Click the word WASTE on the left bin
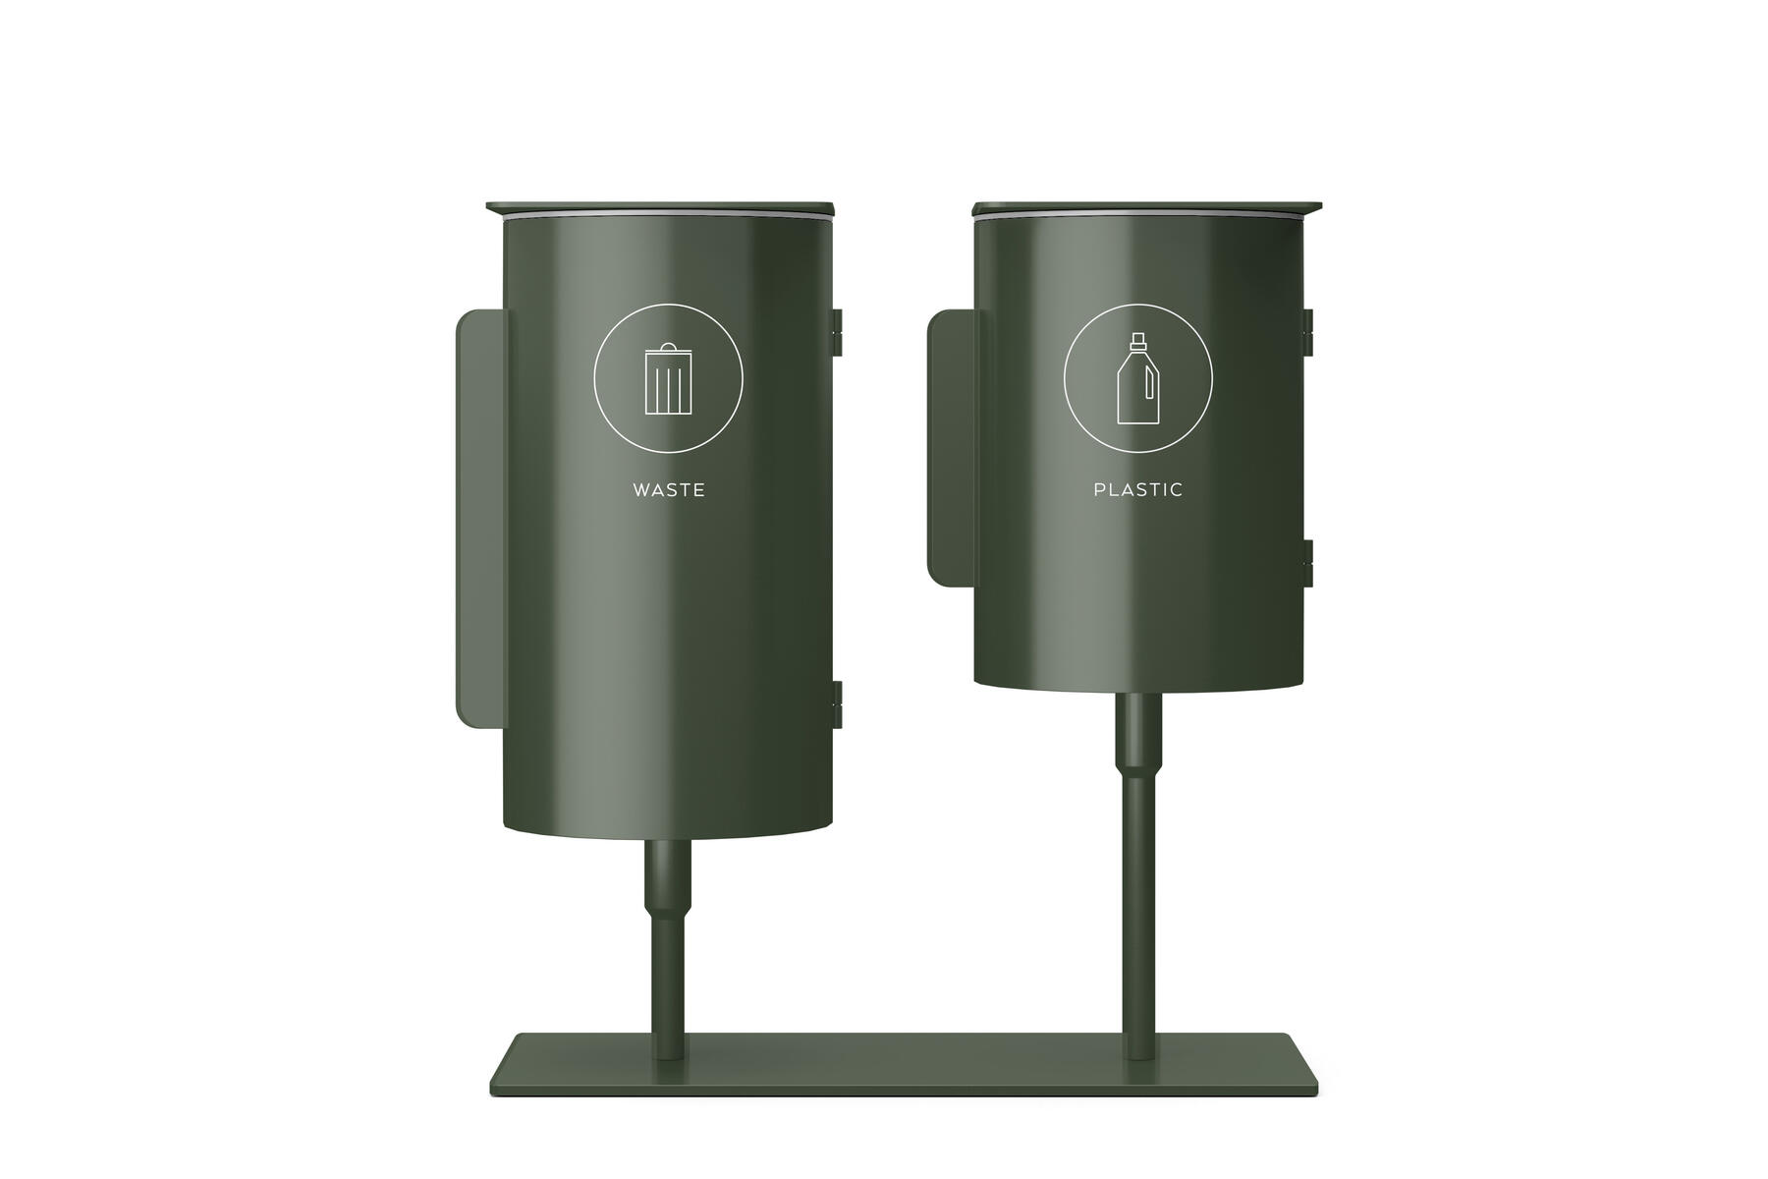[x=669, y=489]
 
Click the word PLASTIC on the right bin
[x=1138, y=489]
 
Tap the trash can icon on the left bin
[x=668, y=378]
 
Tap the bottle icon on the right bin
[x=1138, y=378]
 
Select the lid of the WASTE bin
[x=660, y=208]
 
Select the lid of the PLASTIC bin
[x=1147, y=208]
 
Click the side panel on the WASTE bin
[x=480, y=519]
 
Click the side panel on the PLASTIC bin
[x=952, y=448]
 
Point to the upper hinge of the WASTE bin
[x=838, y=331]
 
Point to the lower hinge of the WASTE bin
[x=838, y=703]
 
